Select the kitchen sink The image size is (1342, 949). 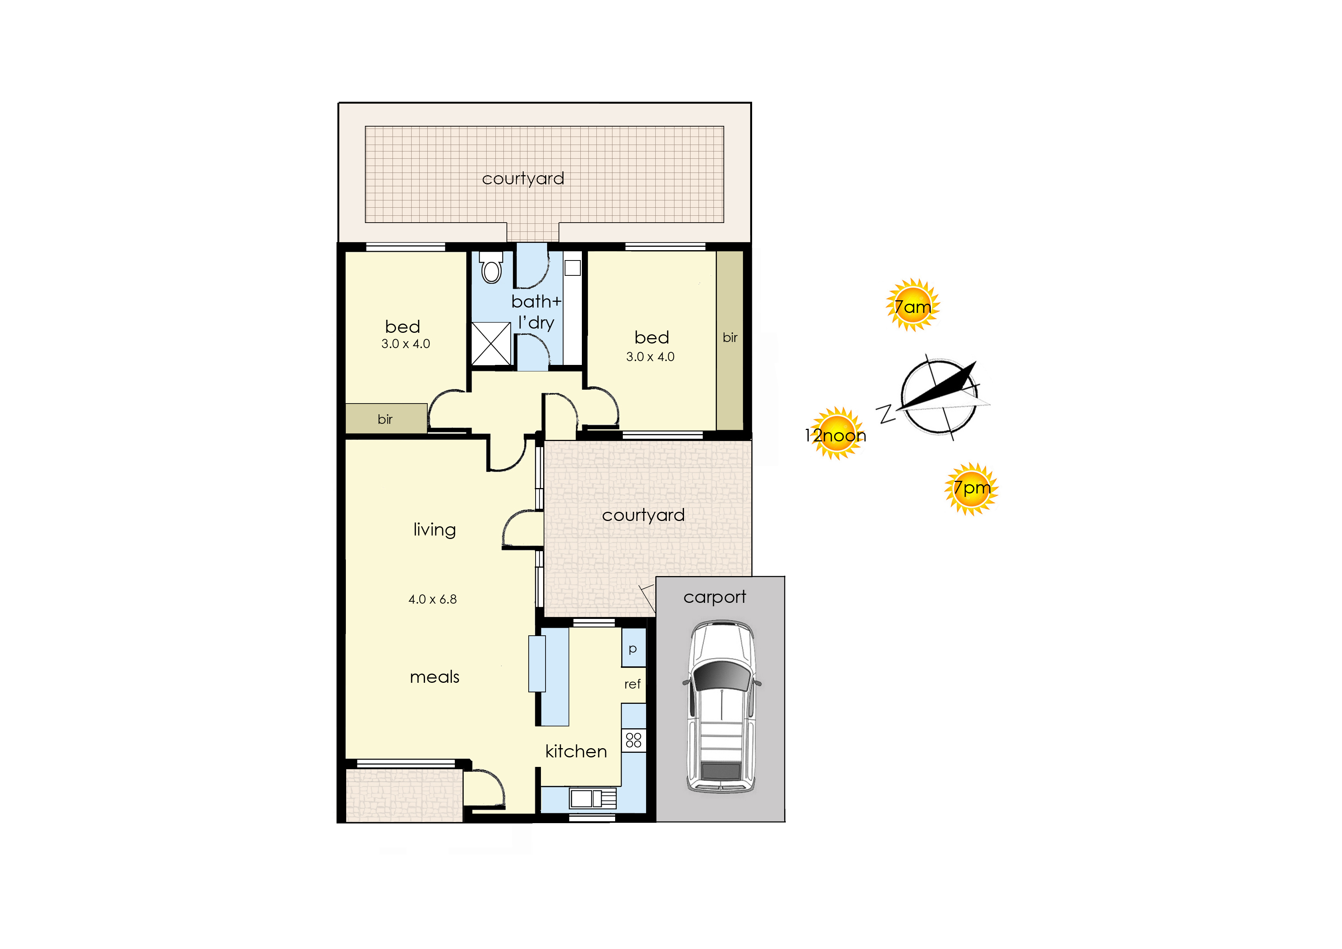593,798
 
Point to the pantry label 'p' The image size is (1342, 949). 632,649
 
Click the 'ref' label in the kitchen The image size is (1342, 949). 632,684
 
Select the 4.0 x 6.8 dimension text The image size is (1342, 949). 433,599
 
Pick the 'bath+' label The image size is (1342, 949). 536,301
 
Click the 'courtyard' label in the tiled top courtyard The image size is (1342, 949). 523,179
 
